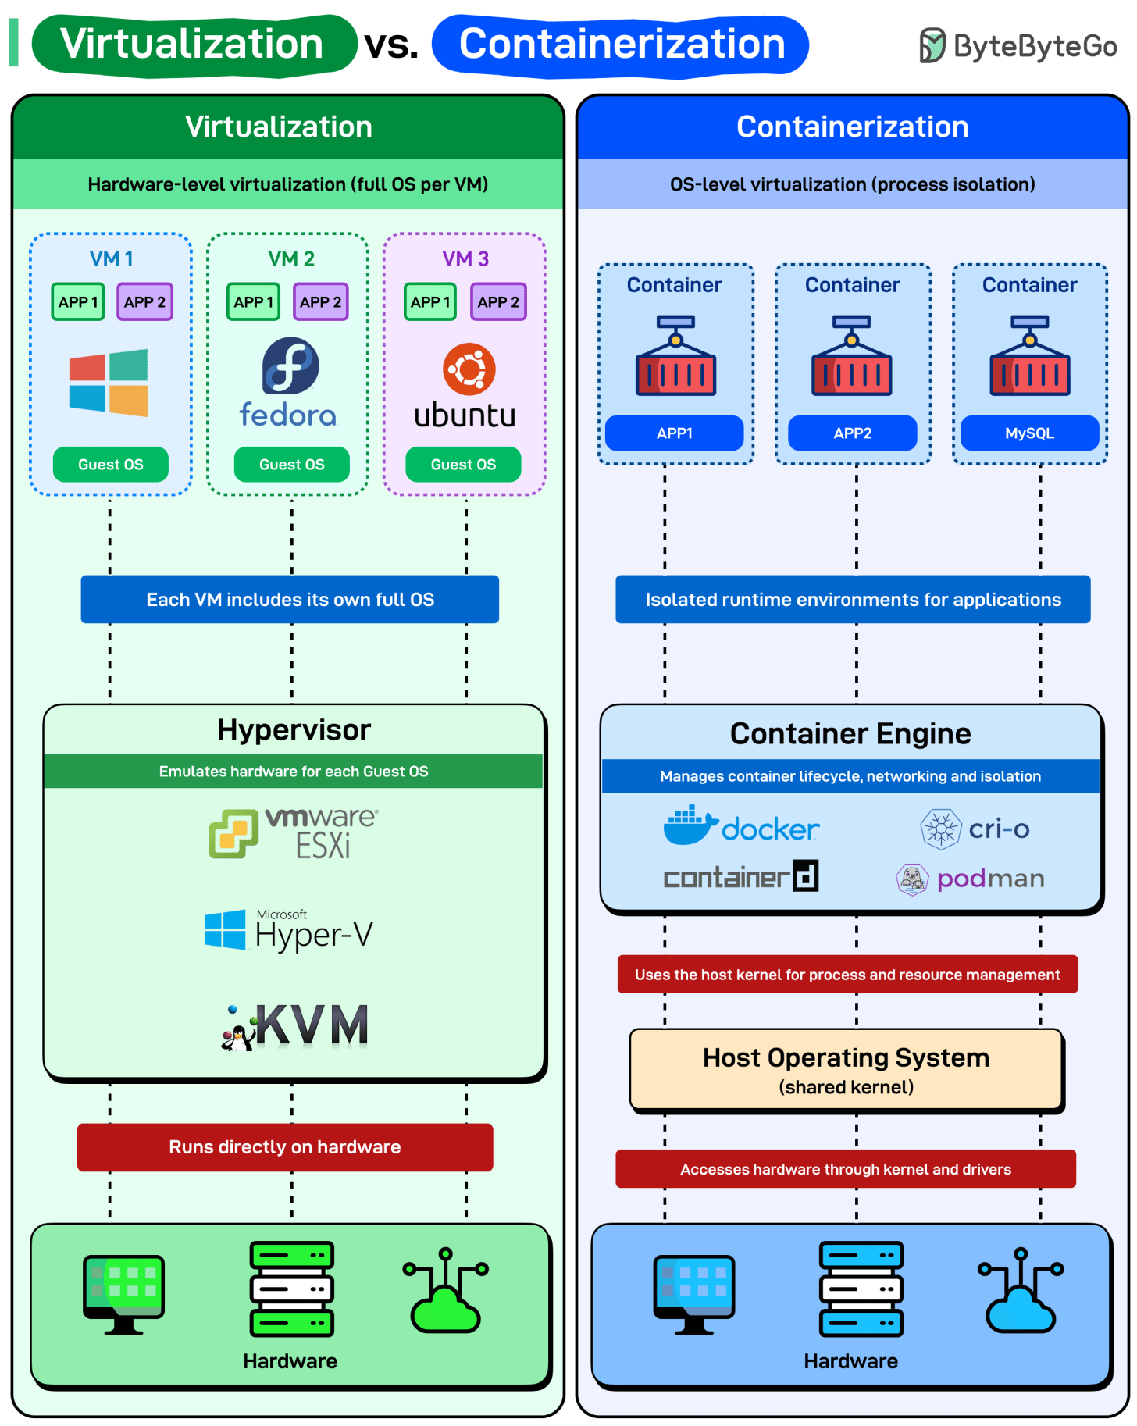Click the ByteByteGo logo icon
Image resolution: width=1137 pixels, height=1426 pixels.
(932, 45)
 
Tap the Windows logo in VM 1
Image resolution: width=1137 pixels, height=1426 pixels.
(109, 383)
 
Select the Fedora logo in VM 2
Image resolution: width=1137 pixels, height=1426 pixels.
(290, 365)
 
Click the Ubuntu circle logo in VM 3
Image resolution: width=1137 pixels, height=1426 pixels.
(469, 369)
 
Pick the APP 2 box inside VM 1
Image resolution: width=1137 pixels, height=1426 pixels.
(144, 302)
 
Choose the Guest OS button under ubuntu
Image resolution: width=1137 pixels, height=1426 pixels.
(463, 465)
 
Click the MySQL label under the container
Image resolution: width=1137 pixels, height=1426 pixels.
(1029, 433)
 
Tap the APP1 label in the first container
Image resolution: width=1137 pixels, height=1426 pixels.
(674, 433)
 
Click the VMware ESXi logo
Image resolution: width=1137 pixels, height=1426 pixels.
(294, 833)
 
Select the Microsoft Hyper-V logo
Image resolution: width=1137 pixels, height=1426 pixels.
(289, 930)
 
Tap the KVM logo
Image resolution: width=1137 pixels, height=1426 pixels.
(295, 1025)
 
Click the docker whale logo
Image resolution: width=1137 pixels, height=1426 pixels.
(690, 826)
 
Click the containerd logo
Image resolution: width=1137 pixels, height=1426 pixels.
(740, 877)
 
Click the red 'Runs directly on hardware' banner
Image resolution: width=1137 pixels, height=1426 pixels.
(285, 1147)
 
